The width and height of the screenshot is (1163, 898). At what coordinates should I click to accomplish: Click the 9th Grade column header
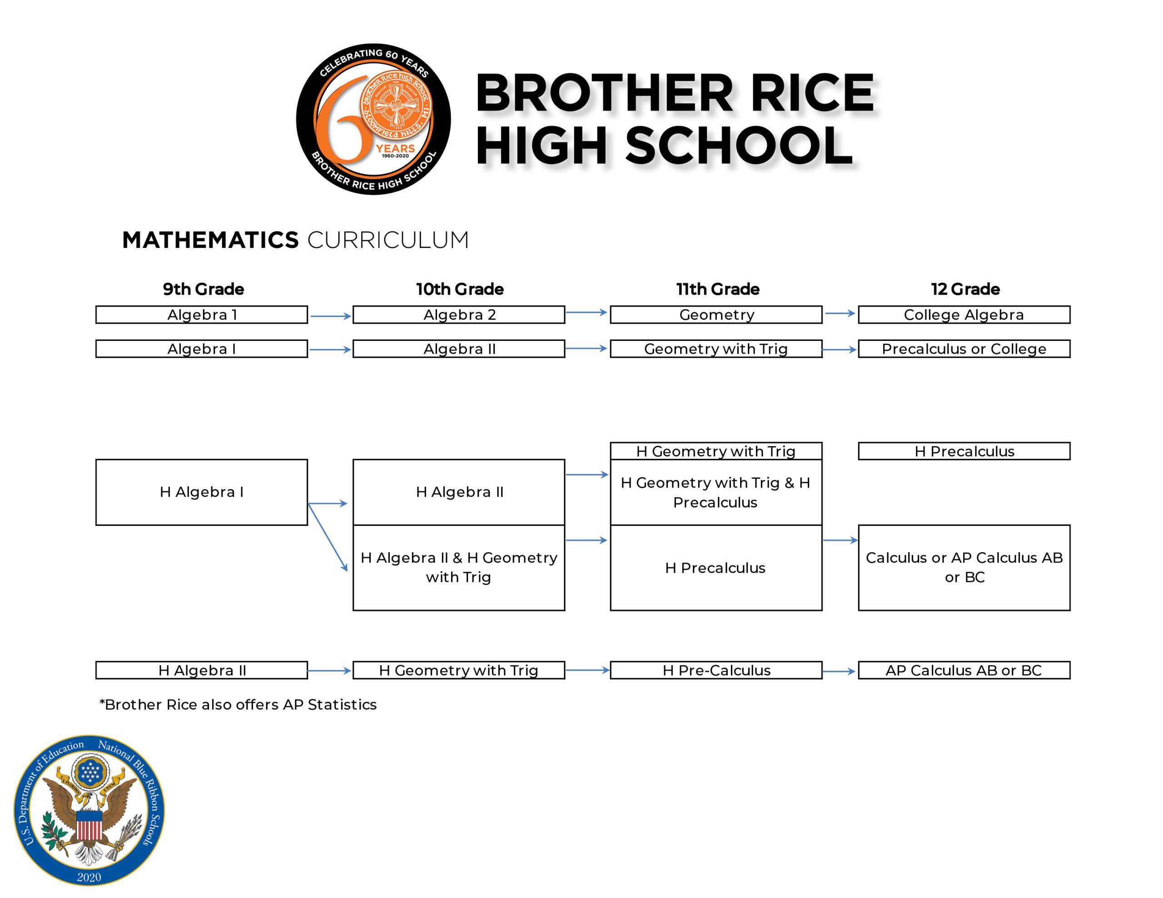(204, 289)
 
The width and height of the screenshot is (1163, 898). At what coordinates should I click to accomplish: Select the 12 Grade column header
(965, 289)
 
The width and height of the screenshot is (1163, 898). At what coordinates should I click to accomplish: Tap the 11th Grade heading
(718, 289)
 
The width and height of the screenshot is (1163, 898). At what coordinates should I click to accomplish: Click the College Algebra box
(964, 315)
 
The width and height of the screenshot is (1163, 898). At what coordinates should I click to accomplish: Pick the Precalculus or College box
(964, 349)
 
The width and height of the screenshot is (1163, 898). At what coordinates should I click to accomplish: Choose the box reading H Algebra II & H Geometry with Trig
(458, 567)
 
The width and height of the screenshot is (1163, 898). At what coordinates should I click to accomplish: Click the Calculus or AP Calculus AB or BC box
(964, 567)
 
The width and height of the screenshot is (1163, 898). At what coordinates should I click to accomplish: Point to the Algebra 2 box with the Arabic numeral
(458, 315)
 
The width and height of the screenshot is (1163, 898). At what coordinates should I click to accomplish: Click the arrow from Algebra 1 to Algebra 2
(331, 316)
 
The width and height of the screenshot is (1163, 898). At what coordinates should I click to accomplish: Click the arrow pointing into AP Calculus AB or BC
(839, 672)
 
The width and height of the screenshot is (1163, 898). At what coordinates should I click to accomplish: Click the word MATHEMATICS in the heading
(210, 240)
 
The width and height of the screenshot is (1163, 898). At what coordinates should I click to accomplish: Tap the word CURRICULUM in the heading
(388, 240)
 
